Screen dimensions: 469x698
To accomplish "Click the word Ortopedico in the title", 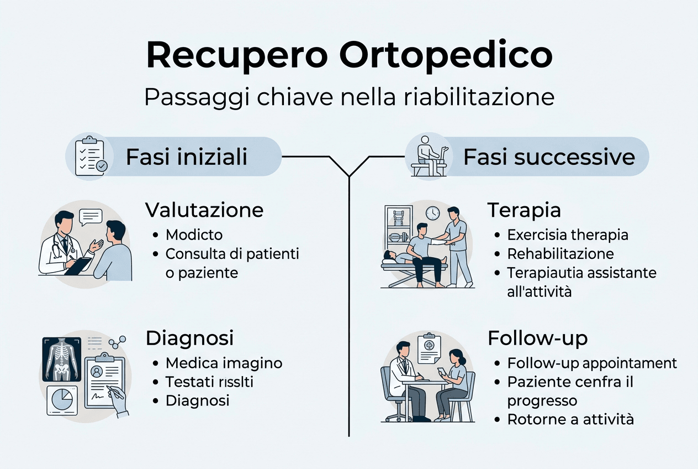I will click(x=446, y=55).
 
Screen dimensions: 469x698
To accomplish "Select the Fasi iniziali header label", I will click(x=187, y=157).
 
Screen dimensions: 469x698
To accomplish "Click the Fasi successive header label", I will click(x=549, y=157).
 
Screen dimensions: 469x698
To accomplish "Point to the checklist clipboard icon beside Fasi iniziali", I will click(x=89, y=157).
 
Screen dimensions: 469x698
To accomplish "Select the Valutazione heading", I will click(x=204, y=210).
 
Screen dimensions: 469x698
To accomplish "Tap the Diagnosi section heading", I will click(x=189, y=338).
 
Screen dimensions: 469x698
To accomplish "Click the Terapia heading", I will click(x=524, y=210).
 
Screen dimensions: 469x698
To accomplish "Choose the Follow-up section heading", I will click(x=537, y=338).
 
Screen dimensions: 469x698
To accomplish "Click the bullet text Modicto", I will click(x=194, y=234).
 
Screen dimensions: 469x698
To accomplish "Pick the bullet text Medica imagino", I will click(x=224, y=363).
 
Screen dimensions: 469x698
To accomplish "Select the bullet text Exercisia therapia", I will click(x=568, y=234).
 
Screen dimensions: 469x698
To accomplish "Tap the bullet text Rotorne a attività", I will click(x=570, y=419).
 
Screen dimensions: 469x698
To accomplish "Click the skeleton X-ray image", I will click(x=62, y=358).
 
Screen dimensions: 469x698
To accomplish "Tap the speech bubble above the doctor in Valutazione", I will click(x=91, y=216).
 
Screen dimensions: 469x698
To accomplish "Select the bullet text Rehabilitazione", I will click(x=560, y=253).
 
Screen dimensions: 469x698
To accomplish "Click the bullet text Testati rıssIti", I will click(x=209, y=382).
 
